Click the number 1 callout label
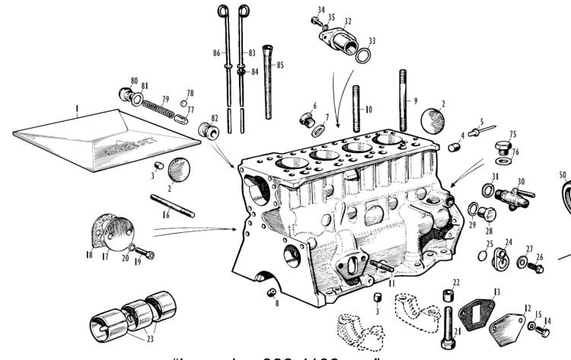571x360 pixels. [77, 110]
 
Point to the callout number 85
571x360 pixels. [281, 65]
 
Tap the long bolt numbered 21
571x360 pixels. [446, 323]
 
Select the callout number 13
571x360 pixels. [496, 292]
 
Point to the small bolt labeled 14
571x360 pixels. [545, 330]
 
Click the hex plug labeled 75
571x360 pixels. [501, 145]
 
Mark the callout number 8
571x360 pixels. [276, 303]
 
